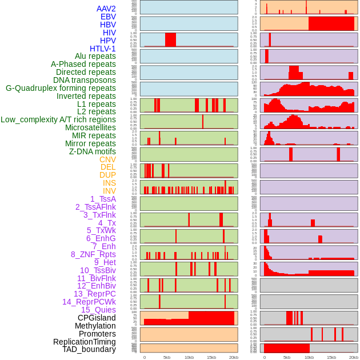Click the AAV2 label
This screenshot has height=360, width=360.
[106, 9]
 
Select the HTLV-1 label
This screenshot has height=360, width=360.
[103, 49]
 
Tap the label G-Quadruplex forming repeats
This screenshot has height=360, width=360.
[61, 88]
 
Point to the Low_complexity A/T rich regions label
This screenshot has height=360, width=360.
[58, 119]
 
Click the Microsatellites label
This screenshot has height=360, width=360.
[90, 127]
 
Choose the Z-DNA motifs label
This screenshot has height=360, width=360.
[93, 151]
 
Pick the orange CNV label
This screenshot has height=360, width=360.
[107, 159]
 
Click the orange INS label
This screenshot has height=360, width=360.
[109, 183]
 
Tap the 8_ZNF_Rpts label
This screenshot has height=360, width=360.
[93, 254]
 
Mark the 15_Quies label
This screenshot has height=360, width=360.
[98, 310]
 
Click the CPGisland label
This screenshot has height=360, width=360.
[97, 318]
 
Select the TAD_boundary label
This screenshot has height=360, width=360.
[89, 349]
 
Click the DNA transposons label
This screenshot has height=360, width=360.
[85, 80]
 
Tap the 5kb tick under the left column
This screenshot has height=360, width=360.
[167, 357]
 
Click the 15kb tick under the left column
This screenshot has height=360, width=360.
[211, 357]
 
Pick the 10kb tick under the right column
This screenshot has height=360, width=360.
[309, 357]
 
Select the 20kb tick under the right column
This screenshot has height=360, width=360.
[354, 357]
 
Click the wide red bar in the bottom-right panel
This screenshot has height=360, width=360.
[286, 348]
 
